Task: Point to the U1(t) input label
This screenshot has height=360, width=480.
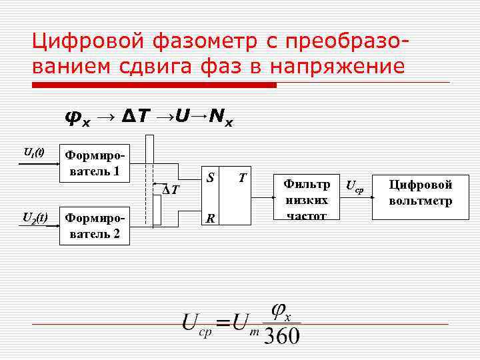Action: click(x=34, y=153)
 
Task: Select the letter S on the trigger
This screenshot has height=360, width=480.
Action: click(x=210, y=177)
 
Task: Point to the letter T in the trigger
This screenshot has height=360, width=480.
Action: click(x=243, y=177)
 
